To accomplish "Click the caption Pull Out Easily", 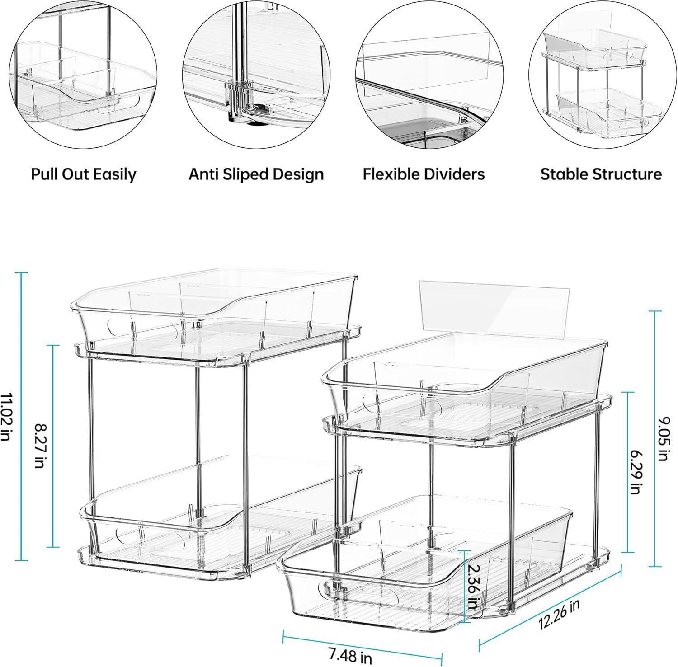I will point(84,174).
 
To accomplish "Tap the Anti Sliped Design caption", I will point(256,174).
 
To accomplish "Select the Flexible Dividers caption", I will point(424,174).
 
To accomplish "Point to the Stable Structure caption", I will point(601,174).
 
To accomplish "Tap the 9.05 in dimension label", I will point(662,438).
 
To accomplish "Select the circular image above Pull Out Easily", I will point(83,78).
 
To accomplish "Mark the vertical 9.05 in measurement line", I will point(655,438).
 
